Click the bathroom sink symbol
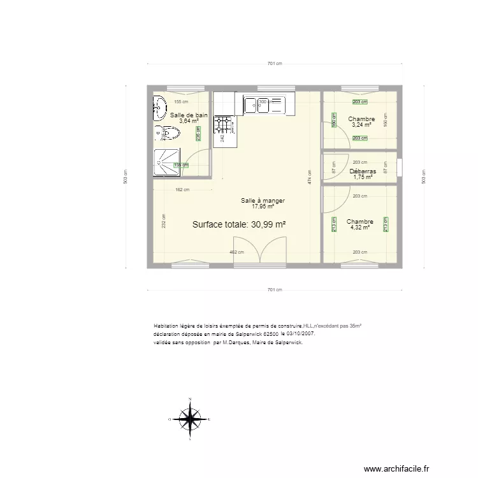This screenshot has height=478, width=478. [x=160, y=108]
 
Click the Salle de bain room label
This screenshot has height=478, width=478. [x=189, y=115]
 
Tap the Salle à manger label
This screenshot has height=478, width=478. [x=263, y=201]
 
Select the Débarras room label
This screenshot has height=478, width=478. [x=363, y=171]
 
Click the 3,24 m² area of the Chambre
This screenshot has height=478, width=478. [x=361, y=125]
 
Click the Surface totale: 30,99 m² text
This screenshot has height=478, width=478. [x=238, y=224]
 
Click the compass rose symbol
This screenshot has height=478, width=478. [x=190, y=419]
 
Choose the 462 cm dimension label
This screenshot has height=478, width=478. [x=236, y=252]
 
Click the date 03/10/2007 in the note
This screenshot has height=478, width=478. [x=299, y=333]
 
